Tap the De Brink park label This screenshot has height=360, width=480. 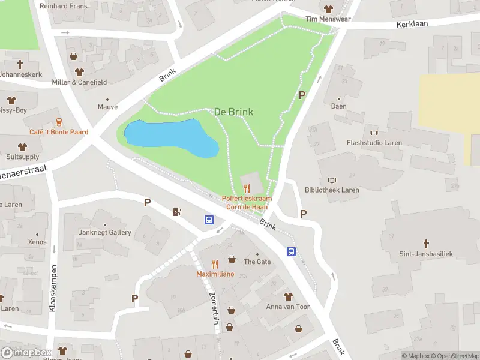233,112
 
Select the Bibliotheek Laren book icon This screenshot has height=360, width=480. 332,180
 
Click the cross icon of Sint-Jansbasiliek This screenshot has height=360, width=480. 427,244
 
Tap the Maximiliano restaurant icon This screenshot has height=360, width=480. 215,264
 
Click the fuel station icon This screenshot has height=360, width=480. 177,212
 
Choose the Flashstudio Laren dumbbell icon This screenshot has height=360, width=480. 374,133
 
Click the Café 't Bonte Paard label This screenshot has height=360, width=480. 59,132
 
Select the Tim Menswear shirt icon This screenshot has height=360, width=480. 328,9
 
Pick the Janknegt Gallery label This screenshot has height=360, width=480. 104,232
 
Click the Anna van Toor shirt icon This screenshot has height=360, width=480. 288,296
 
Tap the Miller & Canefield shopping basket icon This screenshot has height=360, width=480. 74,57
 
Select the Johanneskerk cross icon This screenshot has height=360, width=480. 20,64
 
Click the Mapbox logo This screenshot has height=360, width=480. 26,352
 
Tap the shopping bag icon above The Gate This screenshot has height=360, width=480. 232,259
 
